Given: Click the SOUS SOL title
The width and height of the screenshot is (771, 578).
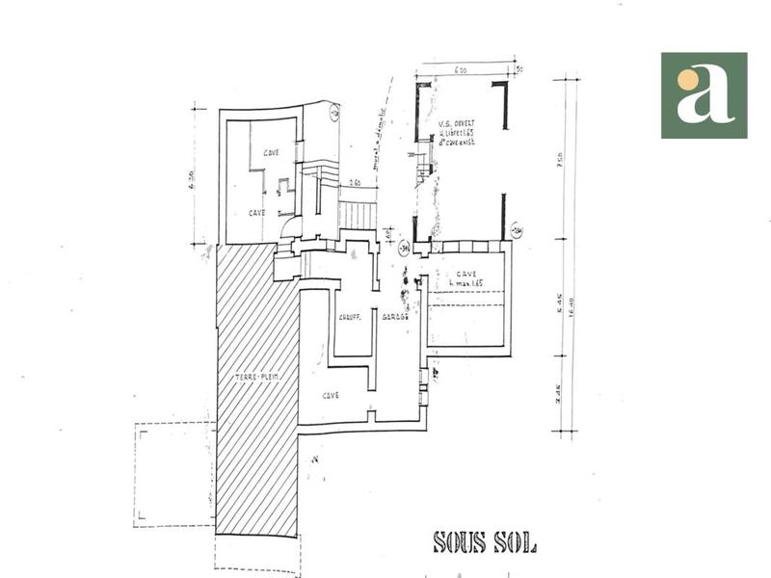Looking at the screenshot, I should tap(485, 542).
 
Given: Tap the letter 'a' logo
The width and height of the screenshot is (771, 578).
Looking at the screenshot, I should tap(704, 95).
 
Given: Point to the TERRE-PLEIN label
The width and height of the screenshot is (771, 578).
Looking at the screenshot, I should tap(255, 379).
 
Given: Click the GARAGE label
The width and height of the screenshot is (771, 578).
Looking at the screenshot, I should tap(396, 317).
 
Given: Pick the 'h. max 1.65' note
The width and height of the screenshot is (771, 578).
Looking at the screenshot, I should tap(458, 283).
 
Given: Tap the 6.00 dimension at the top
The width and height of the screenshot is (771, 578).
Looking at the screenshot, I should tap(461, 70).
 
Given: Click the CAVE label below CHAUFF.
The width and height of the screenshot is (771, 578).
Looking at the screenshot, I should tap(332, 394).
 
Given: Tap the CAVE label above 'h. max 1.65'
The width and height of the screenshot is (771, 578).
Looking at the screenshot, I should tap(466, 273).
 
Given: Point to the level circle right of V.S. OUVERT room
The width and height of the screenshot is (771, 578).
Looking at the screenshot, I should tap(517, 229).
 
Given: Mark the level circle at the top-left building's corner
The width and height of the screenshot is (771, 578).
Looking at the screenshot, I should tap(333, 114).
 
